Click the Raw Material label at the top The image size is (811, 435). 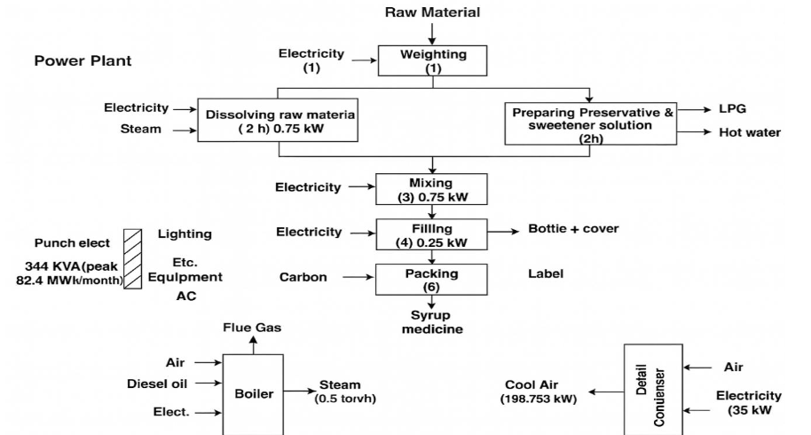(x=432, y=12)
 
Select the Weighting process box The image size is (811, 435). (x=433, y=60)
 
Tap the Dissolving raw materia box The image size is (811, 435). (x=280, y=121)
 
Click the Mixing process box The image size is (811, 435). (x=432, y=188)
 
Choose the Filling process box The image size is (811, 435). (x=432, y=233)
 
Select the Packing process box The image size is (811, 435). (x=432, y=278)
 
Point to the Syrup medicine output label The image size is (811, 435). (x=432, y=322)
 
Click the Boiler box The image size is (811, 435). (x=253, y=393)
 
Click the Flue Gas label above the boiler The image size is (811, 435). (x=253, y=328)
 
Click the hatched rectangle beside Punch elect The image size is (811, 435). (x=133, y=258)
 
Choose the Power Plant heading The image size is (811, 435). (x=83, y=61)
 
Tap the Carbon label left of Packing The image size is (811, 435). (x=303, y=278)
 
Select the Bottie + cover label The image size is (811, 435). (x=573, y=229)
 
